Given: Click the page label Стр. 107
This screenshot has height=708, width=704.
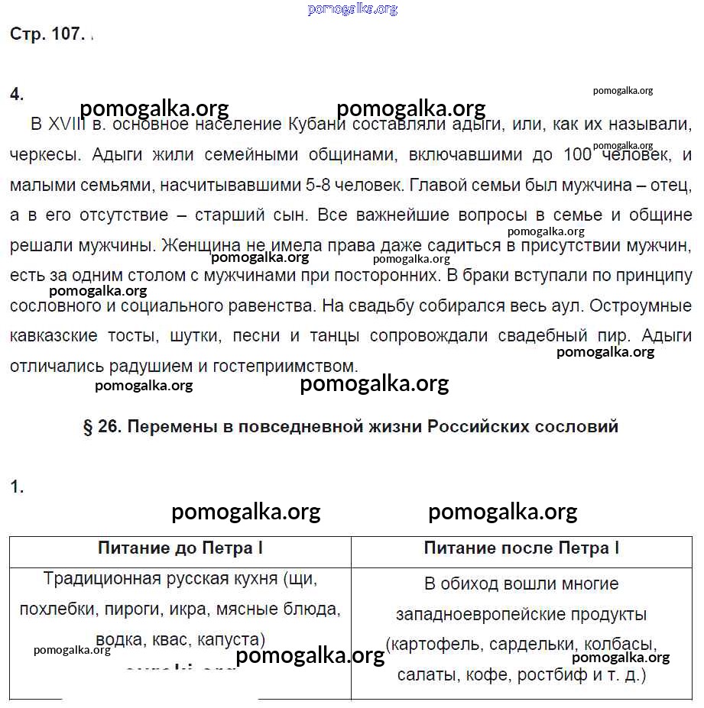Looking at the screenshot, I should (x=47, y=35).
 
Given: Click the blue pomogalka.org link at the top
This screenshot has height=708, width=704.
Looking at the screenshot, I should (x=352, y=9).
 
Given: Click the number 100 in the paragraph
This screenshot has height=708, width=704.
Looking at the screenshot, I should (x=577, y=155).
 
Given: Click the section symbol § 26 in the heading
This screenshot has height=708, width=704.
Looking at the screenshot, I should (x=102, y=427).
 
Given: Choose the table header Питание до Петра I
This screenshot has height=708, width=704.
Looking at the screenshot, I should (x=180, y=548).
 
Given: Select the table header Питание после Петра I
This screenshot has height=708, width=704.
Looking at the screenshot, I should (x=521, y=548).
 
